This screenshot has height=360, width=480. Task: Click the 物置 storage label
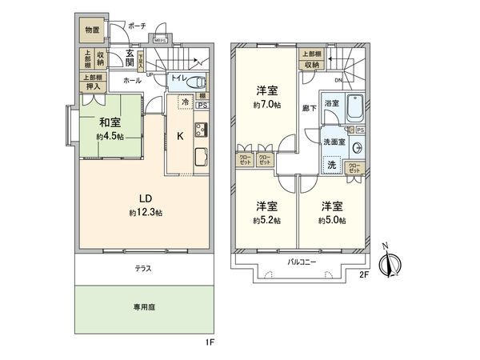coord(93,30)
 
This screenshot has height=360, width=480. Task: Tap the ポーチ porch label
coord(137,26)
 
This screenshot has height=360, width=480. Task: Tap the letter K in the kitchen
coord(180,136)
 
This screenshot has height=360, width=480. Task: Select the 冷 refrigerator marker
coord(186,102)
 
